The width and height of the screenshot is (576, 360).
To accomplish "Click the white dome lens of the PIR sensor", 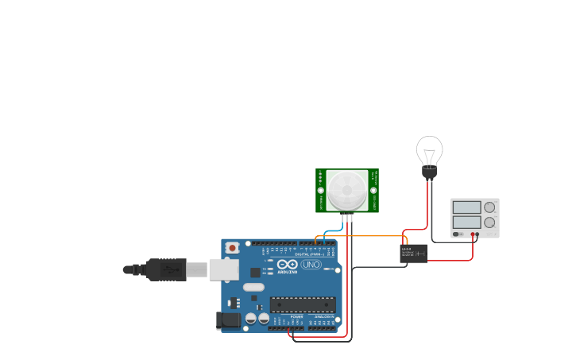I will click(x=347, y=191).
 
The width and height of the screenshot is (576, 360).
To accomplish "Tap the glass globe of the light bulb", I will click(x=429, y=149).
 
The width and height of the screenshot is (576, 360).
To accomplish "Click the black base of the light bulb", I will click(x=429, y=172).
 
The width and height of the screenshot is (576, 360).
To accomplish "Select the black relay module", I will click(x=413, y=253).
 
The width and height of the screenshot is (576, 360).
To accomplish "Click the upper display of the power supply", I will click(x=466, y=207).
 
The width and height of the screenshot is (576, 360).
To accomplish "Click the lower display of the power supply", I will click(x=466, y=223).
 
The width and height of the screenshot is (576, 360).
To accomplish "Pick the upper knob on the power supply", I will click(x=489, y=207).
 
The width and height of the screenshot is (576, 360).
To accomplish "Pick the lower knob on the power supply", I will click(x=489, y=223).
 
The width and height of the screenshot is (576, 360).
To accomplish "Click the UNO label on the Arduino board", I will click(x=311, y=264).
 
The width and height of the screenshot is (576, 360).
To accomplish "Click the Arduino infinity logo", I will click(x=288, y=264).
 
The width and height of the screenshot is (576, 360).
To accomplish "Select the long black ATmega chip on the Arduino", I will click(x=303, y=304).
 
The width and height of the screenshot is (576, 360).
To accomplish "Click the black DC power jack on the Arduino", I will click(x=229, y=320).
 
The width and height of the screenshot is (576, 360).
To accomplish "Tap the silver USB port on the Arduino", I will click(x=223, y=269).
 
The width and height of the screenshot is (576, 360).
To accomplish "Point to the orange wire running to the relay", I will click(x=365, y=236).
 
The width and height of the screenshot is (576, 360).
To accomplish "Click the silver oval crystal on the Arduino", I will click(x=253, y=287).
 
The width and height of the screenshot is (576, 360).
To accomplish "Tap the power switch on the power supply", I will click(x=457, y=234).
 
